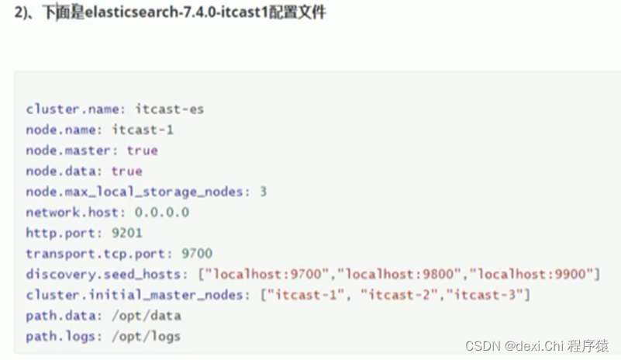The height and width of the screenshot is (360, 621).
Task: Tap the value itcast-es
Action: click(x=169, y=109)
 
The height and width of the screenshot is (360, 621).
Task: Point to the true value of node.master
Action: click(x=142, y=151)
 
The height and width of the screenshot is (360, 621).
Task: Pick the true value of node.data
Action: click(x=126, y=171)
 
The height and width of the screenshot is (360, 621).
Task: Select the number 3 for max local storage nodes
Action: click(x=263, y=192)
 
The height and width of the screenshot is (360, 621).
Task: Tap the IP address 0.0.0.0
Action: click(x=161, y=212)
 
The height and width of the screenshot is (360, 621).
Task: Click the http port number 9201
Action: click(x=126, y=233)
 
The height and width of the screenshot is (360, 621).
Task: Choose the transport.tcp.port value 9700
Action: click(x=196, y=254)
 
